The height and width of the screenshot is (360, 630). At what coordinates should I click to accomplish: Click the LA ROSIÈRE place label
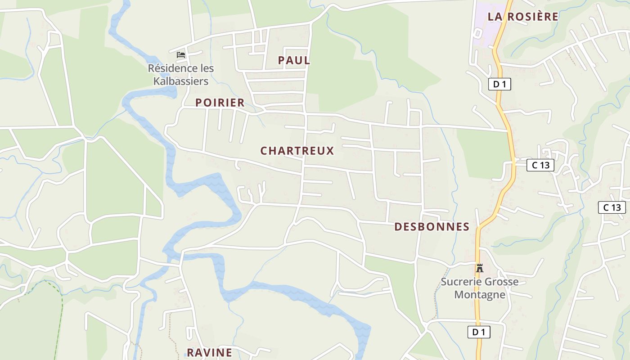[523, 17]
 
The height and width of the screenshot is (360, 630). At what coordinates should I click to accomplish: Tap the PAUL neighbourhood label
[294, 60]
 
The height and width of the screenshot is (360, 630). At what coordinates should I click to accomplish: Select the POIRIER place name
[220, 103]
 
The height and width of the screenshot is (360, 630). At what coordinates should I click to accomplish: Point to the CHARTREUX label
[297, 151]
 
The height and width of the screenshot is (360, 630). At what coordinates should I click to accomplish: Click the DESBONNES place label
[432, 227]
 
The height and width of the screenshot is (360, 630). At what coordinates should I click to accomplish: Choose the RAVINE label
[209, 352]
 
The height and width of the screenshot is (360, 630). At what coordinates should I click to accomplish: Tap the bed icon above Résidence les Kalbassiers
[181, 55]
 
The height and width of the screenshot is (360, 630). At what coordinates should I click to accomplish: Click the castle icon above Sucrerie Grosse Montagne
[480, 268]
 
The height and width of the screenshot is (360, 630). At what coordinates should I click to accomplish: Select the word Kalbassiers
[181, 81]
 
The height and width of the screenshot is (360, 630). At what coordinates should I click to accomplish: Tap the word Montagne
[480, 295]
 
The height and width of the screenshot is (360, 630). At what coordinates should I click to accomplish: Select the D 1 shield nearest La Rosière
[499, 84]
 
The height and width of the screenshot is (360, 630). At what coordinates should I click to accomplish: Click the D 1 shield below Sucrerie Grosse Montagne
[478, 333]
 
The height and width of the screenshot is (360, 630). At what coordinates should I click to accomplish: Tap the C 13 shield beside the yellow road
[540, 165]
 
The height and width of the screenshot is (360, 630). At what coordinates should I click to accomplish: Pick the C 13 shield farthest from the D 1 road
[612, 207]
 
